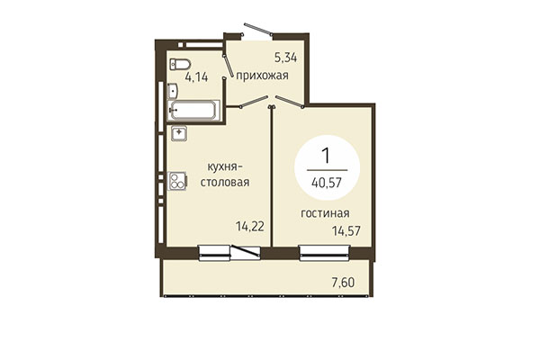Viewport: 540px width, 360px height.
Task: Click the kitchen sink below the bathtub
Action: click(179, 134)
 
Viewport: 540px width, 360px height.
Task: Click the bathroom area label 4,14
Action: click(196, 77)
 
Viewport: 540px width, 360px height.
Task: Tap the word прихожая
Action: click(263, 76)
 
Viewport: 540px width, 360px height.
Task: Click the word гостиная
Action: click(326, 213)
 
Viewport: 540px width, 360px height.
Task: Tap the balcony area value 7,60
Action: click(343, 283)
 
